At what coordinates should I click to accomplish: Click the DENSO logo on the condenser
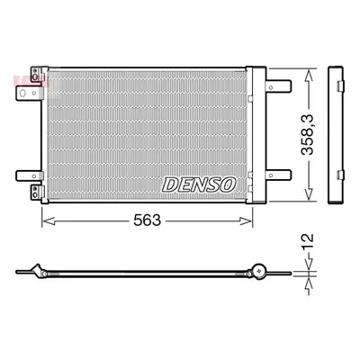199,184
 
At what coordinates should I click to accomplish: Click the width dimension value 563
148,220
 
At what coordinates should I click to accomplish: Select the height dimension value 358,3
308,135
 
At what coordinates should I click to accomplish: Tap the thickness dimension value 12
308,242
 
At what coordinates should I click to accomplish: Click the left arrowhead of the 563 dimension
49,221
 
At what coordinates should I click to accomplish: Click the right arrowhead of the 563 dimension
246,221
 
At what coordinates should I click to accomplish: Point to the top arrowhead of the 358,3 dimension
309,76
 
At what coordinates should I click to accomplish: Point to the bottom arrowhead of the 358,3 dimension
309,193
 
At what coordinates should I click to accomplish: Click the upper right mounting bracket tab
278,86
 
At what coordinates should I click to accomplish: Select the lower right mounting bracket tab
278,175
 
